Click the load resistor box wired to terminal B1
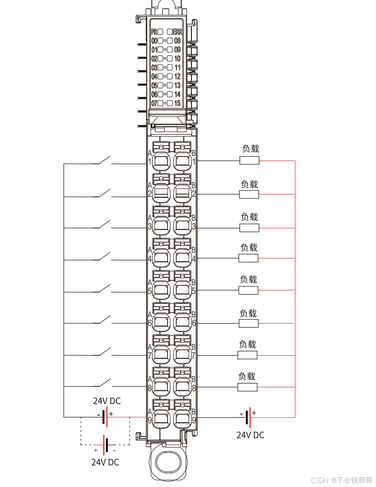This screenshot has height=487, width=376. coord(250,160)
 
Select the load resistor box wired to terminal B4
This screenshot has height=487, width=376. coord(248,258)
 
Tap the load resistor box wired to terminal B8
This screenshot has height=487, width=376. coord(247,387)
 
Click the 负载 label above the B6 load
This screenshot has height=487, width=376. coord(248,313)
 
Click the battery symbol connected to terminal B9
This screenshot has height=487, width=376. coord(248,417)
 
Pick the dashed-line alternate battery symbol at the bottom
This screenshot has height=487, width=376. coord(105,444)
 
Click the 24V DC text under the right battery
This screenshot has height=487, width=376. coord(250,435)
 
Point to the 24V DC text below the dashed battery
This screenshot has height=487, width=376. coord(105,462)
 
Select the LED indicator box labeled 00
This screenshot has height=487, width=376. coord(161,41)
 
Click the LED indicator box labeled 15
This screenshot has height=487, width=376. coord(170,103)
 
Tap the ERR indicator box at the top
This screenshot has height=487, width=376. coord(170,32)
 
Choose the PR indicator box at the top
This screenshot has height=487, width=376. coord(160,32)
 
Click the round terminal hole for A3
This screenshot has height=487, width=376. coord(160,226)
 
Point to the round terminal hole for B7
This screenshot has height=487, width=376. coord(182,355)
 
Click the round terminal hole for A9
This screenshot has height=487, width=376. coord(160,419)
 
